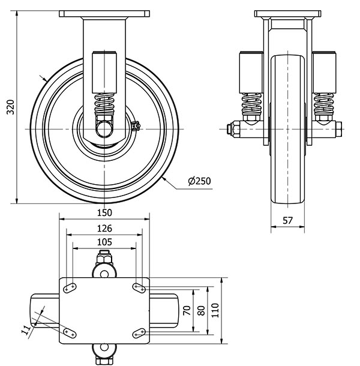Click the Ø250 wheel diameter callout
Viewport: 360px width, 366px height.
(199, 181)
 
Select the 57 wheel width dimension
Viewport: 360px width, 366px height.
(287, 221)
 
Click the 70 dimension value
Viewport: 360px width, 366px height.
(187, 310)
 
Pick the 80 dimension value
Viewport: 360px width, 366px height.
(202, 310)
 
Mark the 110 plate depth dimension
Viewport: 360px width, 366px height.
(216, 310)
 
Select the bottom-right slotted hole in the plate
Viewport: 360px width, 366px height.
(139, 333)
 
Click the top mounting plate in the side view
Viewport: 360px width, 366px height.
(104, 13)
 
